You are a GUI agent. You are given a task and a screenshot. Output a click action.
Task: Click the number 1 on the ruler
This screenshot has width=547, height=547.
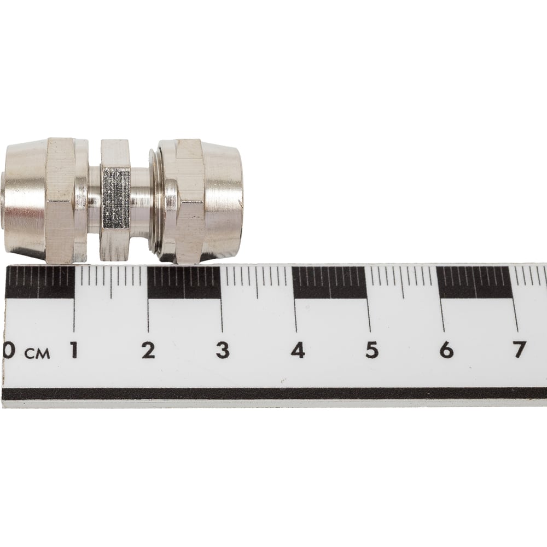coord(73,350)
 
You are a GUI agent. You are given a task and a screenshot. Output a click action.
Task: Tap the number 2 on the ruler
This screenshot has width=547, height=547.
coord(148,350)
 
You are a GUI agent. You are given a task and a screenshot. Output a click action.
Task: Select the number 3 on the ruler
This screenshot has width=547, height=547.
coord(223,350)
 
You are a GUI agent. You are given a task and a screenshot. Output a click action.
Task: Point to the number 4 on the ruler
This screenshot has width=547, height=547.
coord(298,350)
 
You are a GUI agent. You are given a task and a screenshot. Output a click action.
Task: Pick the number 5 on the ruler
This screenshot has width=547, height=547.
coord(372,350)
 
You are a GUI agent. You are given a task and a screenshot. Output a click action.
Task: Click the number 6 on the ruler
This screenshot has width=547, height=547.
coord(446,350)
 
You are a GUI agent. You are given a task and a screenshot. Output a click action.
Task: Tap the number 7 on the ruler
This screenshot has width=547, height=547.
coord(519,350)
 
